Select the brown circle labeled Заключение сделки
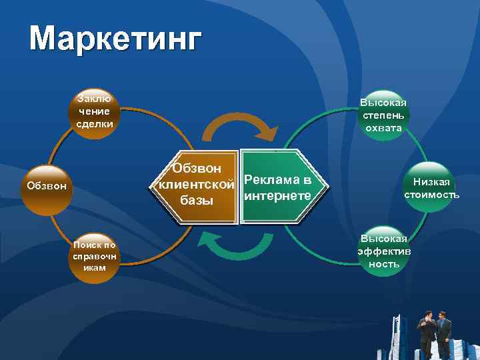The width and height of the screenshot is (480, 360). coord(93,113)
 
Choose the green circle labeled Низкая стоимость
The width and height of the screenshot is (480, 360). coord(431,188)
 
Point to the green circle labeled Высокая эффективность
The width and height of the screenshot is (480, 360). coord(383,250)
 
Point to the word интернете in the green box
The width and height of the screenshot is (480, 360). coord(278,195)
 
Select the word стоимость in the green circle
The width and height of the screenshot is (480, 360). coord(431,195)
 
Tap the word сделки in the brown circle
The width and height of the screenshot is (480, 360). coord(94,124)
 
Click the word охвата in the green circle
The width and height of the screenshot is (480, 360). coord(383,128)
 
